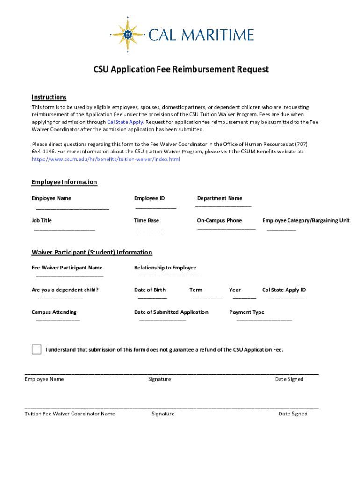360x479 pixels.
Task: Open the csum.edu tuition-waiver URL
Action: [x=106, y=160]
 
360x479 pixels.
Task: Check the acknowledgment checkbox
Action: [x=36, y=349]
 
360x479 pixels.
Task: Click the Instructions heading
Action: [x=49, y=97]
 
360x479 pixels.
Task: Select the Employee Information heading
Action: [x=65, y=182]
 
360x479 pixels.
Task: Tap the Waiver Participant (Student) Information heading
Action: [x=92, y=253]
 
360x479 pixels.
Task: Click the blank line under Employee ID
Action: [x=156, y=207]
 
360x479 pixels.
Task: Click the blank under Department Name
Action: [x=223, y=205]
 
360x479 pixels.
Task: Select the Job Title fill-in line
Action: [x=64, y=229]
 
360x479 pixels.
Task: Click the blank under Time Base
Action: [x=148, y=231]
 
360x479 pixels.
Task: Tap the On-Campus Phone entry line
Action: [x=226, y=228]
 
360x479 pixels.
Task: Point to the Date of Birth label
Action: [x=150, y=290]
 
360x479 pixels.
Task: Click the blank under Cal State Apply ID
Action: [x=286, y=298]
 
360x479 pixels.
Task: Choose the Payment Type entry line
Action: [x=264, y=320]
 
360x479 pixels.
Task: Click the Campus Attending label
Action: [x=54, y=312]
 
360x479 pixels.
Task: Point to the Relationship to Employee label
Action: [x=165, y=268]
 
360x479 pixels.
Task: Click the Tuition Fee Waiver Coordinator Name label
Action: [x=70, y=414]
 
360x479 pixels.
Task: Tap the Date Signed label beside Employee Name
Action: [x=289, y=379]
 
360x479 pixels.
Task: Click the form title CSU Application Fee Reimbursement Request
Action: [x=181, y=70]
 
